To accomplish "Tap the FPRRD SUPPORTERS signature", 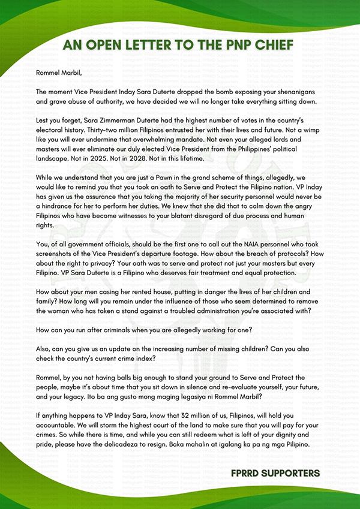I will [275, 474].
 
